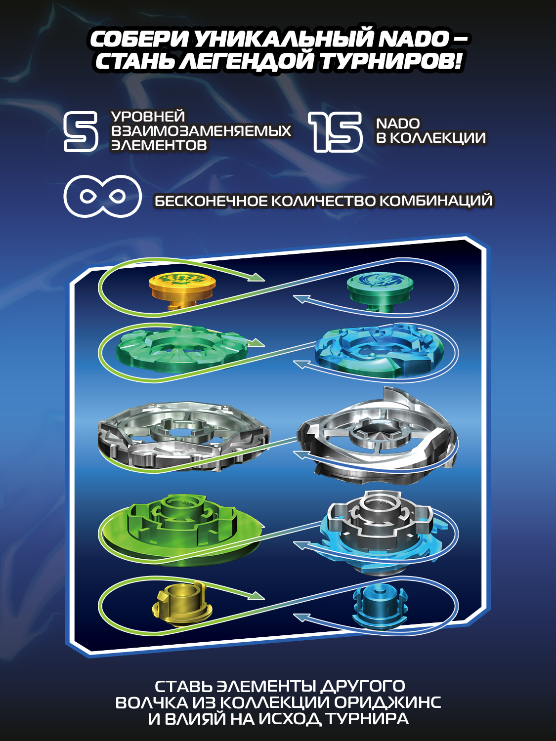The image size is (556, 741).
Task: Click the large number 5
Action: tap(81, 131)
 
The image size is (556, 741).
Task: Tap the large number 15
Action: tap(336, 131)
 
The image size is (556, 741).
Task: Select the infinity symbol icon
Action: tap(103, 196)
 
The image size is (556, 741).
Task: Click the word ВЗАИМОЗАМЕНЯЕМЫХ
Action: tap(201, 131)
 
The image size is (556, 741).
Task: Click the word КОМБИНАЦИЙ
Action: tap(436, 201)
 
